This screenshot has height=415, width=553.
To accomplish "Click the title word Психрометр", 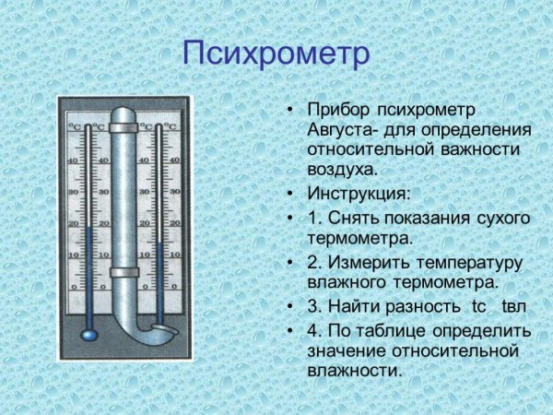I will [x=276, y=53].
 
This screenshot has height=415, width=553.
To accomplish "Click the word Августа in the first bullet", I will [x=340, y=130].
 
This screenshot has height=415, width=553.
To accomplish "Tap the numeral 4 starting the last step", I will [x=312, y=329].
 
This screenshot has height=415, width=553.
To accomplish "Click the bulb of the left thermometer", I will [x=88, y=329].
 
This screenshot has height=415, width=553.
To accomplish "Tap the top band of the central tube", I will [x=124, y=127].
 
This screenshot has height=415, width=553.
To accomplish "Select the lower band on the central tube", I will [x=124, y=272].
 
